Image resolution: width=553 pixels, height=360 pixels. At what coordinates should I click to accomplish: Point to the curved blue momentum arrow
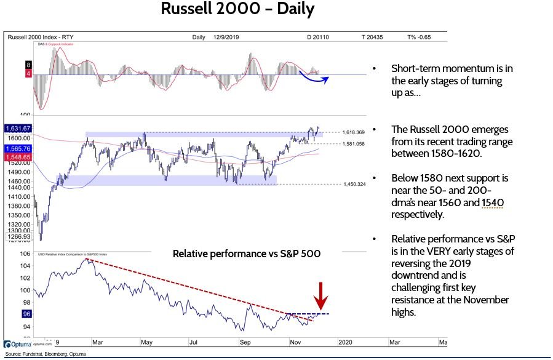pos(314,77)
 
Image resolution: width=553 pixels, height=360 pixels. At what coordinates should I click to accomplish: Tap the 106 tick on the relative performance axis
pos(25,254)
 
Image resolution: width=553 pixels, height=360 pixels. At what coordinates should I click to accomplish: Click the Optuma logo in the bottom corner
pos(18,345)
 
